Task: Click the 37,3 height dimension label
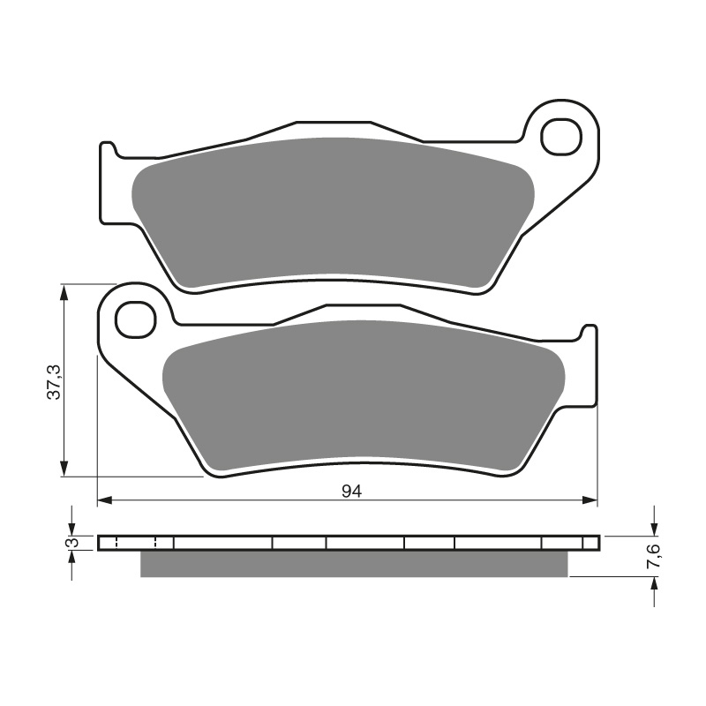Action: pyautogui.click(x=55, y=380)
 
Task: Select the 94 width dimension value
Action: pyautogui.click(x=352, y=492)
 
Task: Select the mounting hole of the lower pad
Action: pyautogui.click(x=135, y=318)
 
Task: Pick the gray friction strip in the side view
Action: pyautogui.click(x=353, y=563)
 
